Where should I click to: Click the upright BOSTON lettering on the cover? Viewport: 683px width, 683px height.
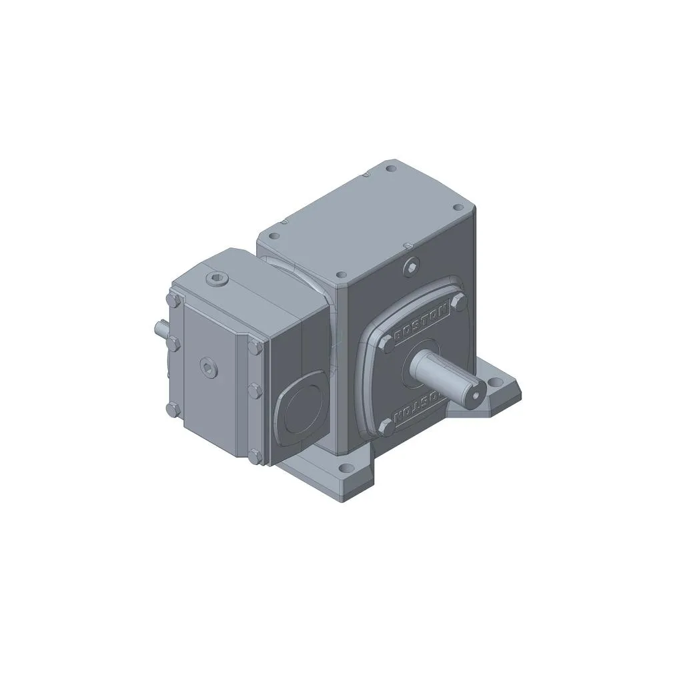coord(421,325)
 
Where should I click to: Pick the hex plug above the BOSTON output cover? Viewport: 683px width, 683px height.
coord(412,266)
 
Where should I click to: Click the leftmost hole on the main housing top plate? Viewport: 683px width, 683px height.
coord(273,235)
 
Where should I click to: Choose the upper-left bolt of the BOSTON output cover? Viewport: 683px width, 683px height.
coord(387,345)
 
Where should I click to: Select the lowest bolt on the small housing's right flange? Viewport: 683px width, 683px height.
coord(253,457)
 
